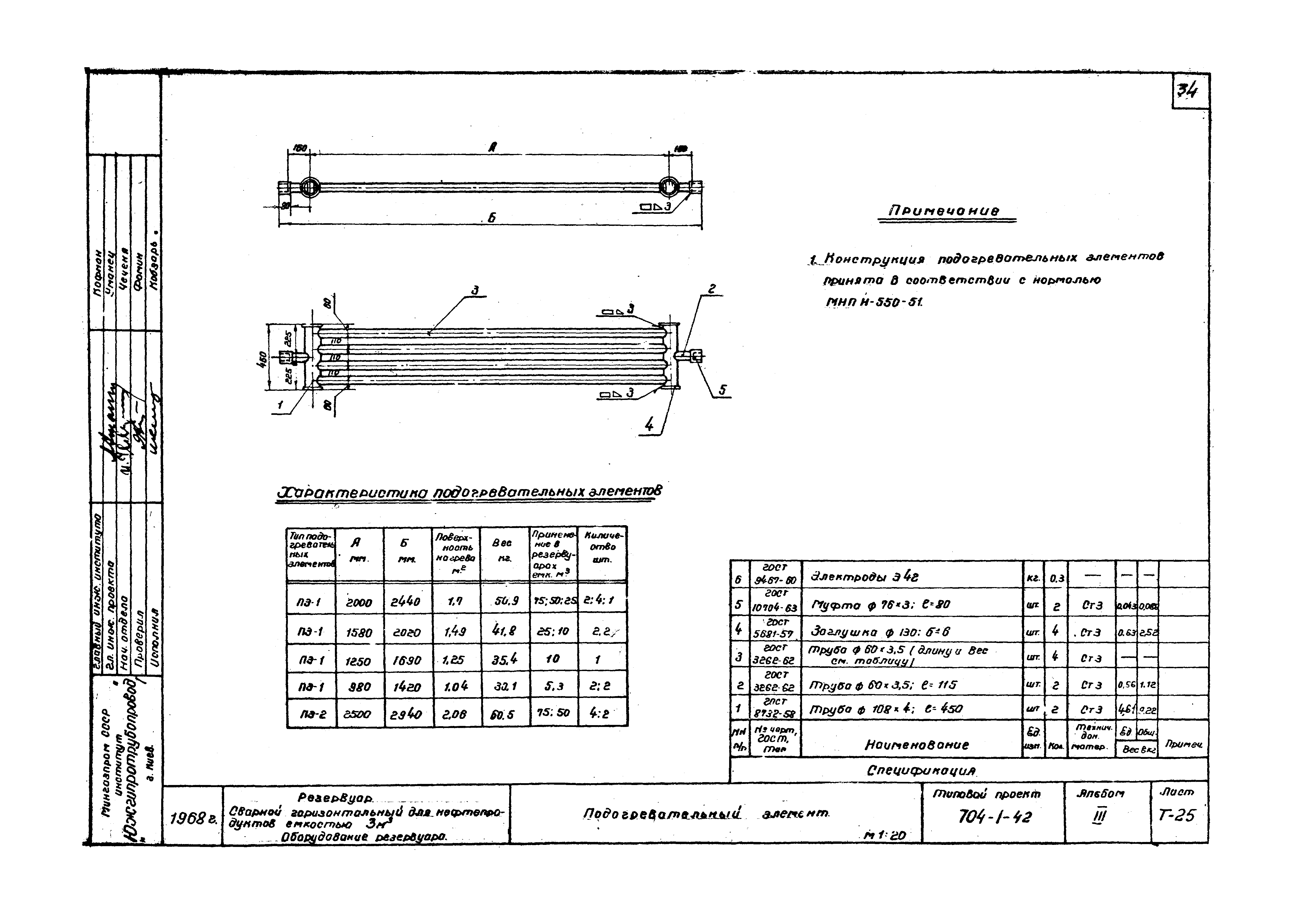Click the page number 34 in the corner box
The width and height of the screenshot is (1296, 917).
[1190, 90]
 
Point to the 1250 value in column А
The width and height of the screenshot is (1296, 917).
[359, 660]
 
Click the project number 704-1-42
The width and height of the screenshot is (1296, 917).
[995, 817]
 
